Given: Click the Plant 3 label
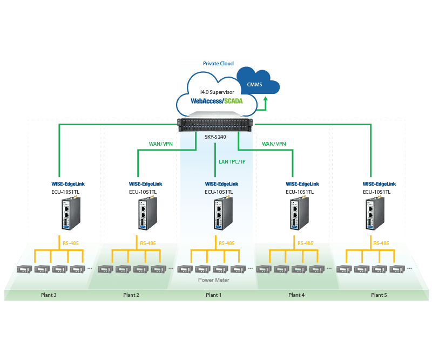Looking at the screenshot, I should coord(48,295).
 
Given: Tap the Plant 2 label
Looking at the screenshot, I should coord(131,295).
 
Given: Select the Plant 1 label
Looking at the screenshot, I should coord(213,295).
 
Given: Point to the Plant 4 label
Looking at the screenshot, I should coord(296,295).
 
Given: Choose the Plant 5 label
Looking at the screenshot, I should coord(379,295).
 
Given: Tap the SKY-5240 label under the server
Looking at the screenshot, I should coord(216,138).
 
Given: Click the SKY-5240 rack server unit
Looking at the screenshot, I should coord(216,125).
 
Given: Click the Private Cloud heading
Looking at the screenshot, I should coord(218,64).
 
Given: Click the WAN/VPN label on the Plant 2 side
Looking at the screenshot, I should coord(160,144).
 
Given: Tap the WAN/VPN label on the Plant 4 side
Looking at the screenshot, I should coord(273,144).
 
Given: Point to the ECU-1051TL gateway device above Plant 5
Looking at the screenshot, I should coord(372,215).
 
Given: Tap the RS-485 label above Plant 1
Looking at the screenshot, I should coord(227,243).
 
